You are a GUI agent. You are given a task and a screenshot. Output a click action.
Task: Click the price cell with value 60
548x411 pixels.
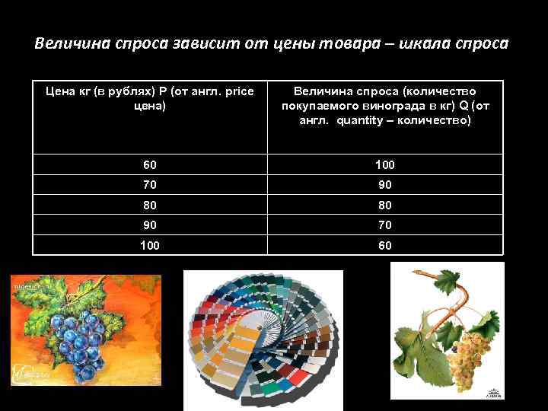point(149,164)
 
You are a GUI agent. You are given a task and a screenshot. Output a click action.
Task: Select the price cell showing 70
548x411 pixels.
point(149,184)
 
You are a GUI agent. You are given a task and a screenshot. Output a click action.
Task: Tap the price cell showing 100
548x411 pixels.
point(149,245)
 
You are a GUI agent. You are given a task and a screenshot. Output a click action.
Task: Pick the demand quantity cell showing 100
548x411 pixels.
point(384,164)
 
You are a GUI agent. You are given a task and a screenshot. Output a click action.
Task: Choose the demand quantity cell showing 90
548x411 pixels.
point(384,184)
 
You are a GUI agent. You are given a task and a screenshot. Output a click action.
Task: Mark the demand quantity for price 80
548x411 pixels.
point(384,205)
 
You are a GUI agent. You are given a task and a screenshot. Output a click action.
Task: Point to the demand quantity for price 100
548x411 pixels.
point(384,245)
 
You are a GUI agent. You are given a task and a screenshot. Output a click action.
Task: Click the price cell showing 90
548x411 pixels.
point(149,225)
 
